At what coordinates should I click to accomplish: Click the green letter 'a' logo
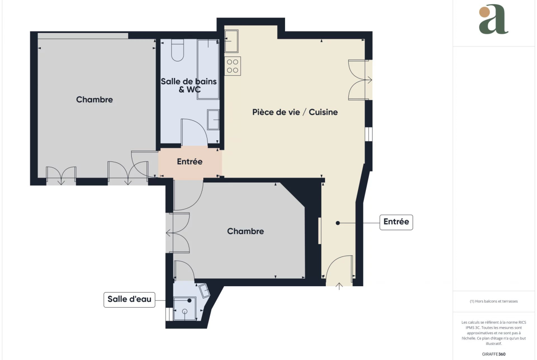point(493,19)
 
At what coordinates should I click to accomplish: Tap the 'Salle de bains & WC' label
point(189,86)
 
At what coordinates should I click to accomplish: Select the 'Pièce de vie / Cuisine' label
point(295,112)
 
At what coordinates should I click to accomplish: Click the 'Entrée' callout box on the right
point(396,222)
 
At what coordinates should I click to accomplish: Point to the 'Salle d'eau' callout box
point(129,299)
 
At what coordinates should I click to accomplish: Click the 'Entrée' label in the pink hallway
point(190,161)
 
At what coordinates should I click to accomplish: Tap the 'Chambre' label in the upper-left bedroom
point(95,100)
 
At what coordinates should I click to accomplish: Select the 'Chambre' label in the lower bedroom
point(246,231)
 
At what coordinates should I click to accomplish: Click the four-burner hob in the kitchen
point(233,66)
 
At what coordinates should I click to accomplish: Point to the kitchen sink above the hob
point(231,41)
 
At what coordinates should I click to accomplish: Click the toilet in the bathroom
point(178,50)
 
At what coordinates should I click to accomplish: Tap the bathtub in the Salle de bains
point(208,69)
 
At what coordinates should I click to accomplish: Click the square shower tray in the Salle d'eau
point(185,309)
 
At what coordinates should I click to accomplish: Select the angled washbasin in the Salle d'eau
point(205,291)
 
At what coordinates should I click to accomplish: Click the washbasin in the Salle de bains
point(213,120)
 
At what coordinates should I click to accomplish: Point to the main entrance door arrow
point(339,287)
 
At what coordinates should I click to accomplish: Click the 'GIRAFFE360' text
point(493,354)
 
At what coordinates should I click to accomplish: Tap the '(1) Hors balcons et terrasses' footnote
point(493,301)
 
